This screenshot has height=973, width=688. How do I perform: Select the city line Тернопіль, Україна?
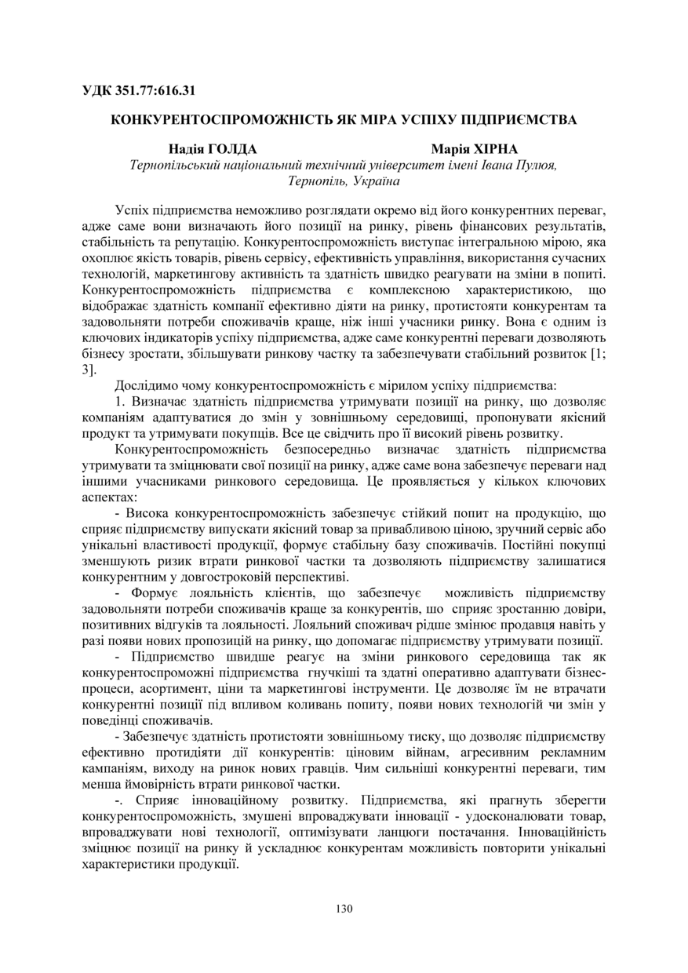344,180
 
